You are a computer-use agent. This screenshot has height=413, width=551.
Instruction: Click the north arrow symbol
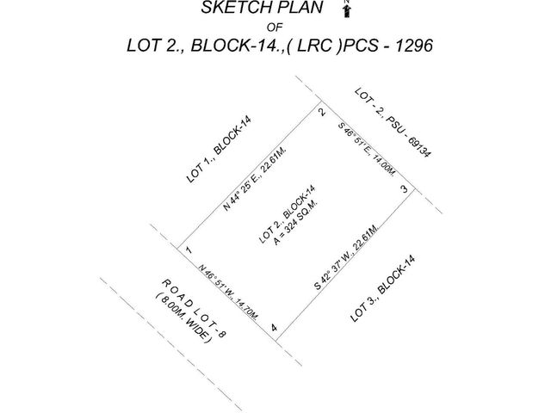click(x=347, y=9)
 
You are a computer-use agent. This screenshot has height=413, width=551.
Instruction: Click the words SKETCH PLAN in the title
click(x=262, y=8)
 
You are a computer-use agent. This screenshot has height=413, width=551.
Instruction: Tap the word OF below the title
click(x=275, y=27)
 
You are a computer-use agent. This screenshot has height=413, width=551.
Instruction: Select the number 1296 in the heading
click(x=414, y=46)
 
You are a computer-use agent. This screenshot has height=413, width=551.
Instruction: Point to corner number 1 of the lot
click(x=189, y=250)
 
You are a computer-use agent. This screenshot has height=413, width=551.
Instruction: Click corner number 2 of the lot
click(x=321, y=112)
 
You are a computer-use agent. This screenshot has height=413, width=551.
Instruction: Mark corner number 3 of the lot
click(x=404, y=189)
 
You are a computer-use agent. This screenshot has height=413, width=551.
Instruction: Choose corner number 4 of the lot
click(x=274, y=328)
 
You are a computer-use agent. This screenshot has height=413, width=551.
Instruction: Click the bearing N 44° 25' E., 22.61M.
click(x=255, y=178)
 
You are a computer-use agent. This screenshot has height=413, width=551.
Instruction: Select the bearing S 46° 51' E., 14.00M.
click(x=367, y=149)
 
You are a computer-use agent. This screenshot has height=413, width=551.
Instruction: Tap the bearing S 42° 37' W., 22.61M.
click(x=346, y=256)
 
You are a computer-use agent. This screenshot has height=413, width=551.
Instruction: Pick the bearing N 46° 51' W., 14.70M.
click(x=228, y=292)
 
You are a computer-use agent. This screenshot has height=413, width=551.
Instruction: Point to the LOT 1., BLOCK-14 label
click(x=219, y=150)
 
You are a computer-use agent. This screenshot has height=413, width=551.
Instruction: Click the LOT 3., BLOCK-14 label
click(x=382, y=288)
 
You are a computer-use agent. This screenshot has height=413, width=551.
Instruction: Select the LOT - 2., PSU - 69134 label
click(x=393, y=122)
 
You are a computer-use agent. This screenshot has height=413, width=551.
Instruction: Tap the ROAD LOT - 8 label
click(x=194, y=309)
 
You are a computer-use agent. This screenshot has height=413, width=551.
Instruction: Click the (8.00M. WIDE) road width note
click(x=184, y=317)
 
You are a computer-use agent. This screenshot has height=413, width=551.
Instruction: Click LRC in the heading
click(x=314, y=46)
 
